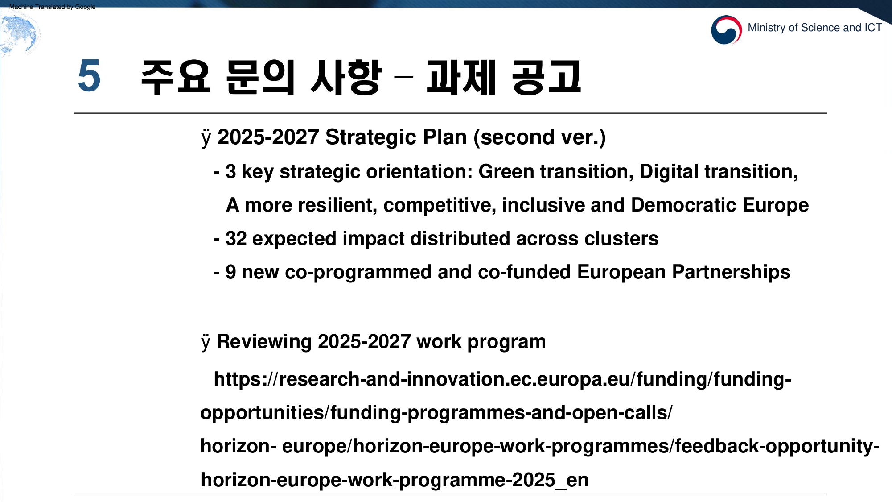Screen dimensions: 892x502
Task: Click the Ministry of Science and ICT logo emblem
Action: coord(726,30)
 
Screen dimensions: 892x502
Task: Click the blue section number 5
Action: coord(89,76)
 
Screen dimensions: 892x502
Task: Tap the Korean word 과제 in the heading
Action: coord(461,77)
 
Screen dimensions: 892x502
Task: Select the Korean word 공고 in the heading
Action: coord(547,77)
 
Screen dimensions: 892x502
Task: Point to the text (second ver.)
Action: coord(540,137)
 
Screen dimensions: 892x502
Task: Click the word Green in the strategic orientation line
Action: coord(506,171)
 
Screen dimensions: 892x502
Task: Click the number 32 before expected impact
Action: coord(236,238)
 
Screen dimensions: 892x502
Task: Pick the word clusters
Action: coord(621,238)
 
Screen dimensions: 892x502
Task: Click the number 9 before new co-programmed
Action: coord(230,272)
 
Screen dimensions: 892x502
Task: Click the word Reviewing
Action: coord(264,342)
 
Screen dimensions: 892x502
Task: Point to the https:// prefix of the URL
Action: coord(246,379)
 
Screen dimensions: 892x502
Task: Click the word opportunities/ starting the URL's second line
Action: coord(265,413)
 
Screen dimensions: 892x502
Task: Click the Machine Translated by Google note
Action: coord(52,7)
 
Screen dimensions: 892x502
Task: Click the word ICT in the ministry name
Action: coord(873,28)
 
